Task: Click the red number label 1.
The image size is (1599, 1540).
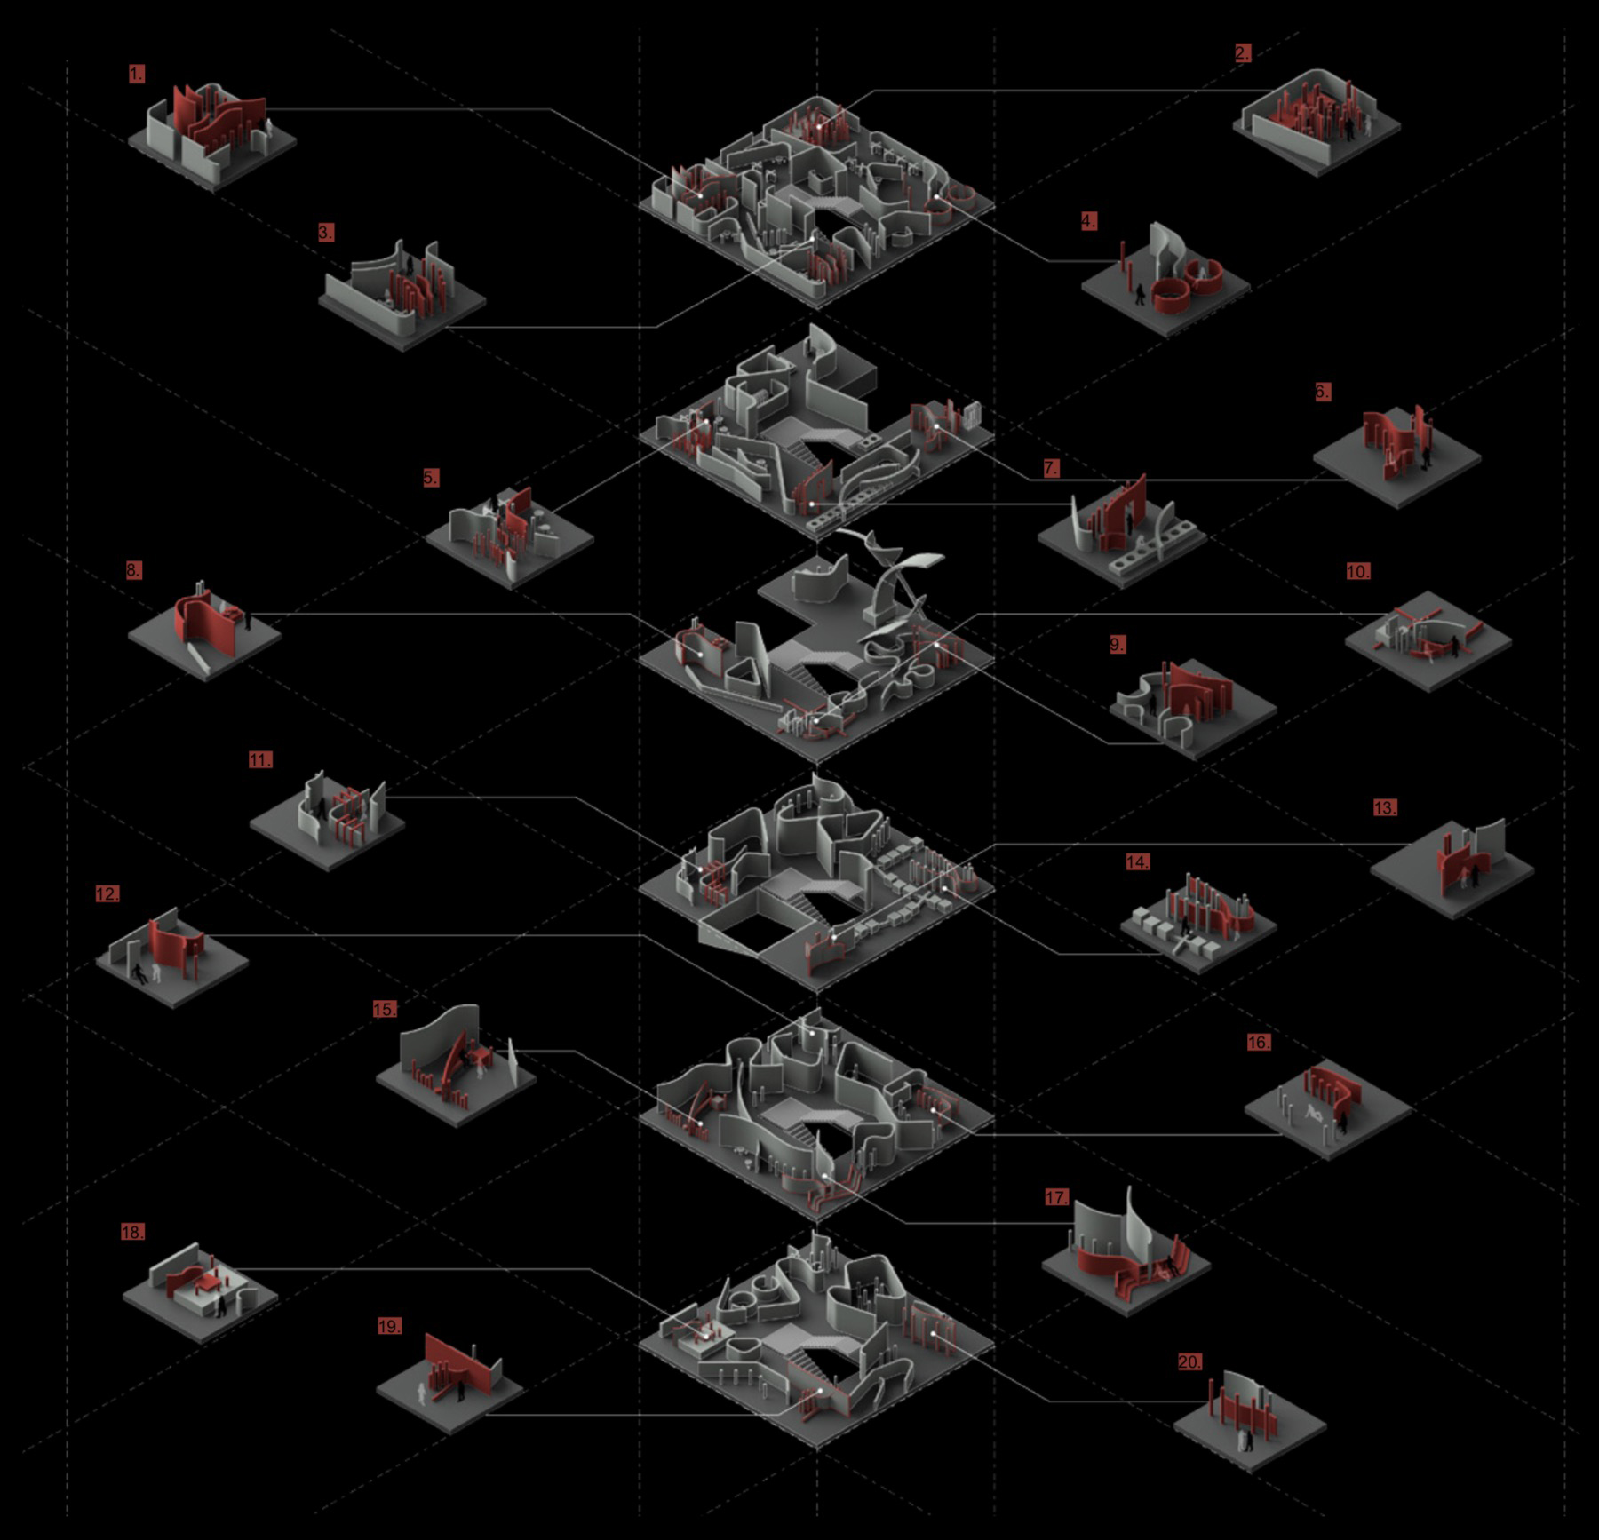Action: pos(136,74)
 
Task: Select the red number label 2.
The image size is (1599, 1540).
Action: pos(1243,53)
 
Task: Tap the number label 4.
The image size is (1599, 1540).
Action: pos(1089,221)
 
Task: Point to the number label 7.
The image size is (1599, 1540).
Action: pos(1052,468)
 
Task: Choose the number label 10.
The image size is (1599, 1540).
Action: pos(1358,571)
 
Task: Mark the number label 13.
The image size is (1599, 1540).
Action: pos(1385,807)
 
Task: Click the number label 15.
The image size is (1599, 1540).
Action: pos(385,1010)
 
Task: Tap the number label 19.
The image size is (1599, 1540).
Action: pos(389,1326)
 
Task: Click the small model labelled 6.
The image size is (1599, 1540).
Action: pos(1397,456)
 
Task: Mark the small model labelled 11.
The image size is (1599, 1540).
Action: pos(328,820)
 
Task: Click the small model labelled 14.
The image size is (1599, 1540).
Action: pos(1198,923)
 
